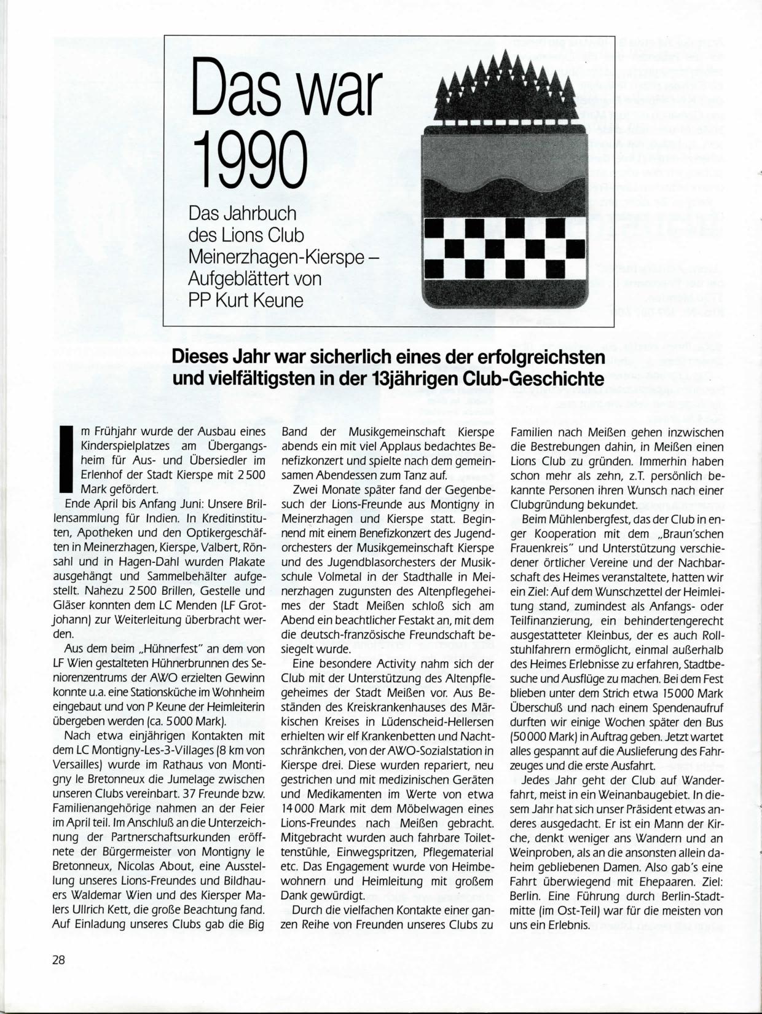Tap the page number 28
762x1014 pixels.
(58, 959)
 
